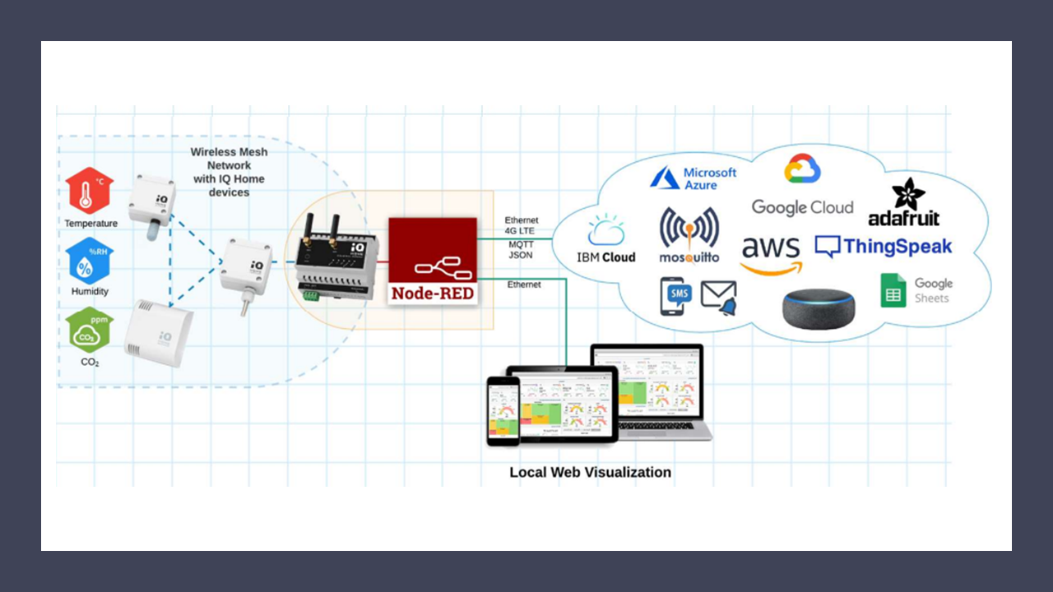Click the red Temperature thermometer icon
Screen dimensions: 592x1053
90,192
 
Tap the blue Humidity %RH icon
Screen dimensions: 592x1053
89,261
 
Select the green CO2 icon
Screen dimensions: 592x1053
90,331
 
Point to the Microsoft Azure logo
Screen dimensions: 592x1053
693,178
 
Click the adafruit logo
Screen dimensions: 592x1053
903,202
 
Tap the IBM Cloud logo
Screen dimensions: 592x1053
606,239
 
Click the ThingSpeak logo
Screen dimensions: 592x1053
884,246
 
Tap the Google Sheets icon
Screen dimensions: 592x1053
916,290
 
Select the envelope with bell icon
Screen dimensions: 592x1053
718,298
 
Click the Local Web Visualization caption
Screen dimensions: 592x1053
590,473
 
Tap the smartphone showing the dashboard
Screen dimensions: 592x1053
503,410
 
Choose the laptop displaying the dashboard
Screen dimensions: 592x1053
650,391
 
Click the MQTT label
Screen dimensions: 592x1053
521,244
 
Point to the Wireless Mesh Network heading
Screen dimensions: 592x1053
229,172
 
